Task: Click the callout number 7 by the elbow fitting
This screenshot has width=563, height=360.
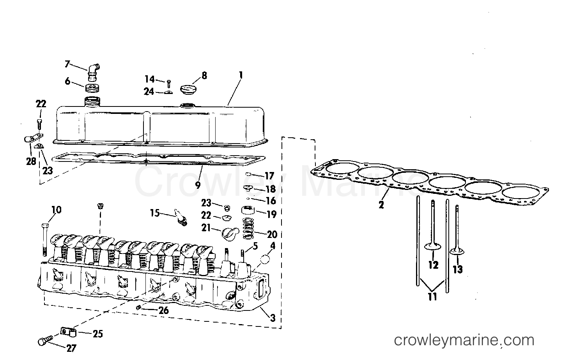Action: point(67,64)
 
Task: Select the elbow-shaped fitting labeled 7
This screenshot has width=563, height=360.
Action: point(93,73)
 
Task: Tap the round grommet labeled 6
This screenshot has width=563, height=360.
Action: point(92,88)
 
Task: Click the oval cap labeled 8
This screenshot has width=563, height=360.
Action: point(188,89)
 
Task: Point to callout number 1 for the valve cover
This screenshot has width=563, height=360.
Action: point(241,75)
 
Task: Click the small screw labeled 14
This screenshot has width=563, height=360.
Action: point(169,84)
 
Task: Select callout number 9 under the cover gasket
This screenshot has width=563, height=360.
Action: point(198,185)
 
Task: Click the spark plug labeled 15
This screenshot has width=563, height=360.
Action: point(181,218)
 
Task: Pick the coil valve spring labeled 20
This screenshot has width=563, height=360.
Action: point(248,228)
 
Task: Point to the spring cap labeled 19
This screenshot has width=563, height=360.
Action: point(248,210)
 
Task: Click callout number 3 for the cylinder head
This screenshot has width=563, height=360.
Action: point(273,318)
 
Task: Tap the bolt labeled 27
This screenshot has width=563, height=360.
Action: point(45,340)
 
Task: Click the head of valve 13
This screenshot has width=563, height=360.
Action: point(457,252)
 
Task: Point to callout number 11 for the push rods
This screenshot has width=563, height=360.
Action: point(432,297)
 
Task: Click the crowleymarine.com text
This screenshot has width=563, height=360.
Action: point(464,340)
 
